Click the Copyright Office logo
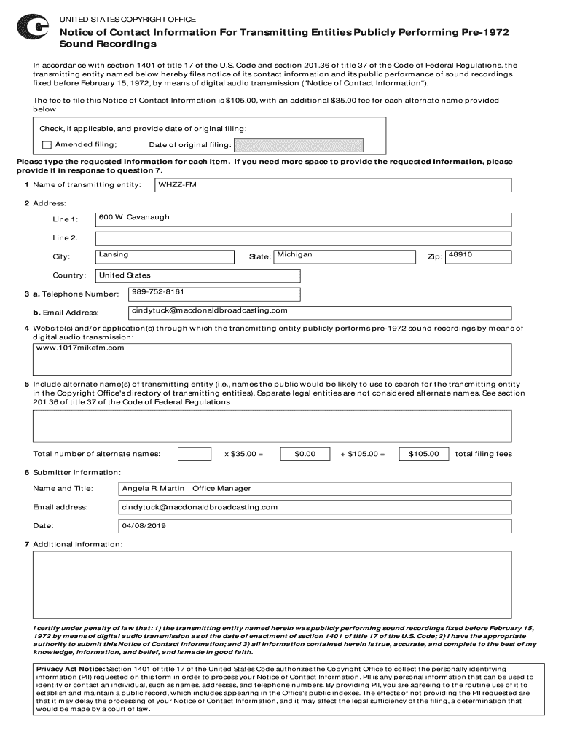point(34,28)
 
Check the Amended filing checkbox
point(47,144)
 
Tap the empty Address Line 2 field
point(303,238)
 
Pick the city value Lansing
point(114,254)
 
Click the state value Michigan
point(294,254)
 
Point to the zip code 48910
point(460,254)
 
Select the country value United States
point(125,275)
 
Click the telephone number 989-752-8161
point(158,291)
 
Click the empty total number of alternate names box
point(195,454)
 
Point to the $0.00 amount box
point(305,454)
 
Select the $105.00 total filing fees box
point(424,454)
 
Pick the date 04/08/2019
point(144,525)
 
